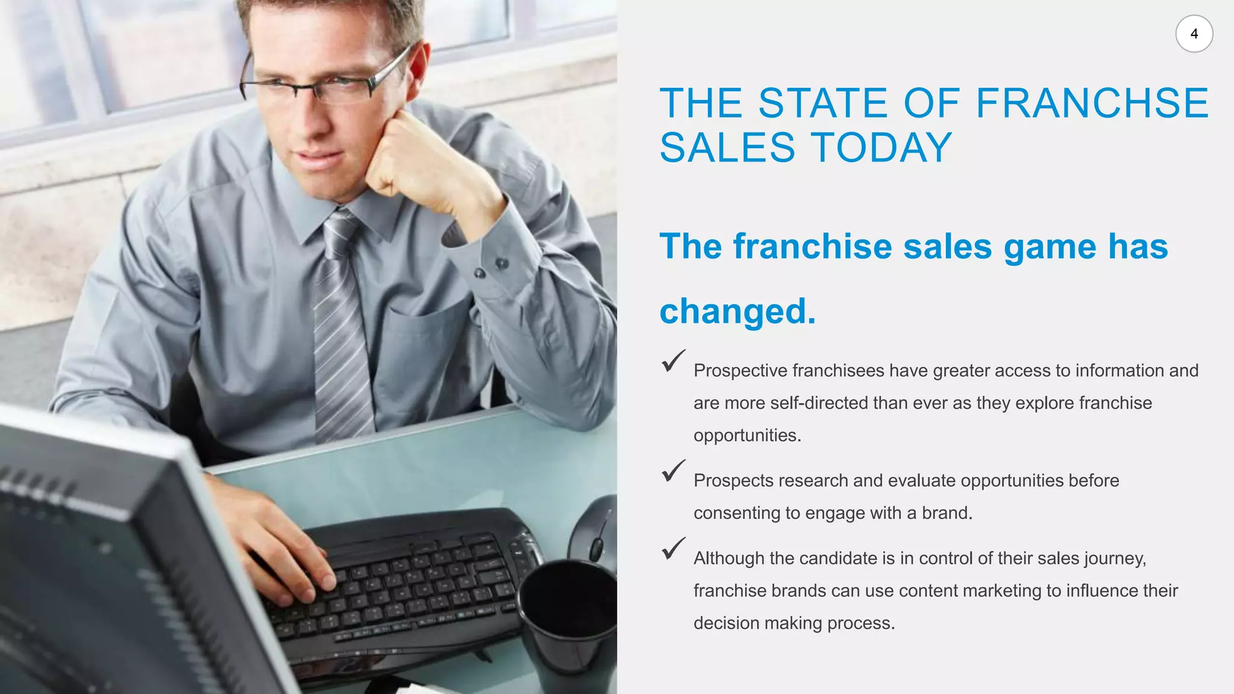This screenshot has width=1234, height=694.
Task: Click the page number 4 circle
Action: click(1194, 34)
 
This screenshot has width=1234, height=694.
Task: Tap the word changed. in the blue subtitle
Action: click(738, 311)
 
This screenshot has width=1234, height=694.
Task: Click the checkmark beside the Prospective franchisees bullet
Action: click(673, 361)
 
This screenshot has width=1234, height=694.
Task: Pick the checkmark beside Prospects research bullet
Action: click(673, 470)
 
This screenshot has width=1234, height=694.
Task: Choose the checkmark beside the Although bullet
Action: click(673, 548)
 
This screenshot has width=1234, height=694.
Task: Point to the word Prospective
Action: click(740, 371)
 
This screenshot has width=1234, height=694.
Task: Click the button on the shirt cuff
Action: click(501, 263)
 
